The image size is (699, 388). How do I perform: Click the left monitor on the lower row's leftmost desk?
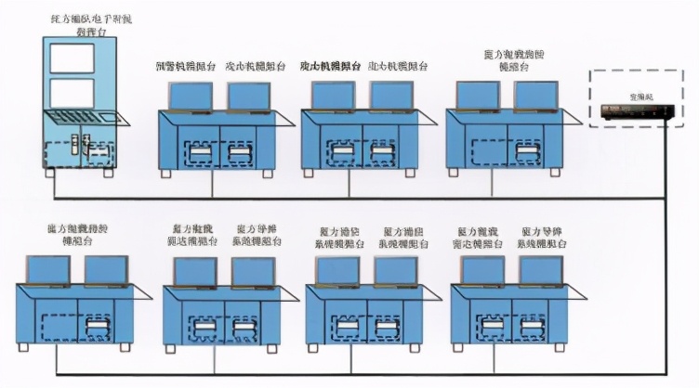[49, 270]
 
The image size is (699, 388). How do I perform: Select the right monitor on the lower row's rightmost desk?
[541, 270]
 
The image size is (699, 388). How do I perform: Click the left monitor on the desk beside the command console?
[190, 96]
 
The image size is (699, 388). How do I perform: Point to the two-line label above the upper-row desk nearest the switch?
[519, 62]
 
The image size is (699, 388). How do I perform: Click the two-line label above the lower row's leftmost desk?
[82, 233]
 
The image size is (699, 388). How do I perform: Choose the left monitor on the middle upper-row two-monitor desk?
[333, 96]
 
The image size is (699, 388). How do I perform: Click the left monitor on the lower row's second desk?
[194, 270]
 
